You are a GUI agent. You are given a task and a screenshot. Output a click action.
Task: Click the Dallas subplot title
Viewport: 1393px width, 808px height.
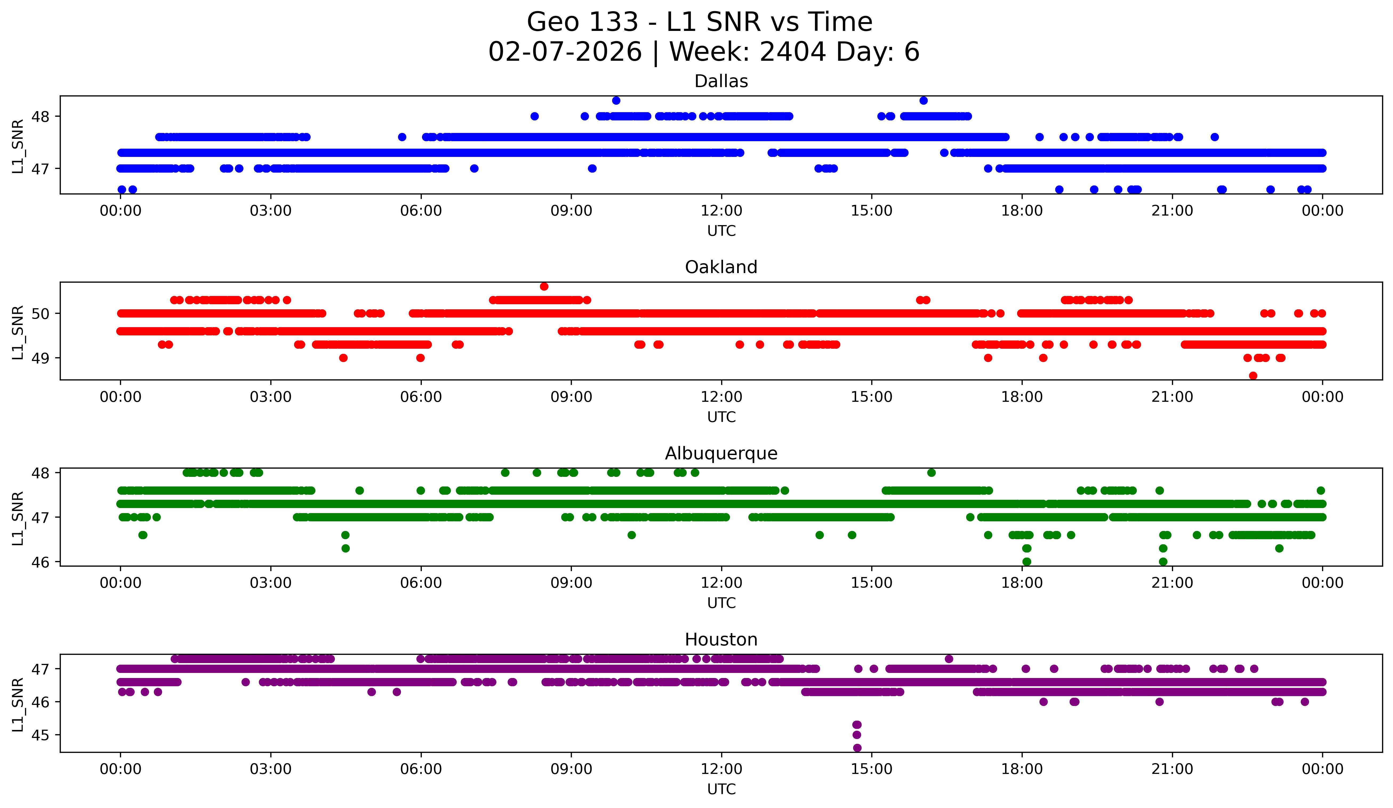pyautogui.click(x=721, y=81)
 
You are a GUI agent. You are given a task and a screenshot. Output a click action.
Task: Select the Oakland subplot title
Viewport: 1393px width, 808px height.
pyautogui.click(x=721, y=267)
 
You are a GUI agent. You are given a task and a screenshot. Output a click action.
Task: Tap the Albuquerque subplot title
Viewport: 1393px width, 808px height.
pyautogui.click(x=721, y=453)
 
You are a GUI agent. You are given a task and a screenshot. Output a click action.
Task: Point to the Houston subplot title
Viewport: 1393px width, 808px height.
pyautogui.click(x=721, y=640)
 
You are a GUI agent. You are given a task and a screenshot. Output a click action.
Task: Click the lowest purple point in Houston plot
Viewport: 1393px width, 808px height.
pyautogui.click(x=857, y=748)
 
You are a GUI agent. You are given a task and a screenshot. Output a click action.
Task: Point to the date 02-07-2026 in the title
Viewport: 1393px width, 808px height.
pyautogui.click(x=565, y=52)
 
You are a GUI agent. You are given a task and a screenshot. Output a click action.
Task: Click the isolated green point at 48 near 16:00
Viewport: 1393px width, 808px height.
pyautogui.click(x=932, y=473)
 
